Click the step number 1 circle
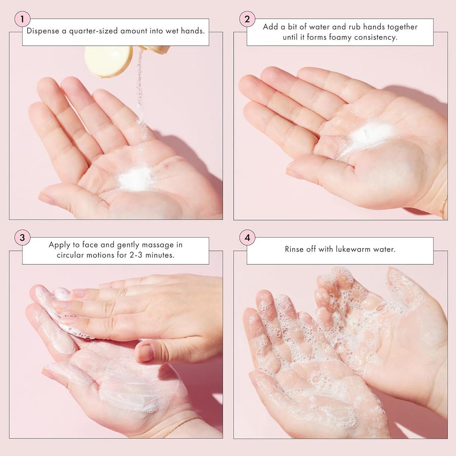pyautogui.click(x=22, y=19)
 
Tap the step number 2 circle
pyautogui.click(x=247, y=19)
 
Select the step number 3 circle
pyautogui.click(x=22, y=238)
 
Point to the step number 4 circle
pyautogui.click(x=247, y=238)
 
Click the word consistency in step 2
pyautogui.click(x=376, y=37)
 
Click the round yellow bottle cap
pyautogui.click(x=109, y=61)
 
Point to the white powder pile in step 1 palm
pyautogui.click(x=135, y=179)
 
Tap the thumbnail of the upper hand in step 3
pyautogui.click(x=144, y=352)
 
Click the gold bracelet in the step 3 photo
pyautogui.click(x=182, y=426)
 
